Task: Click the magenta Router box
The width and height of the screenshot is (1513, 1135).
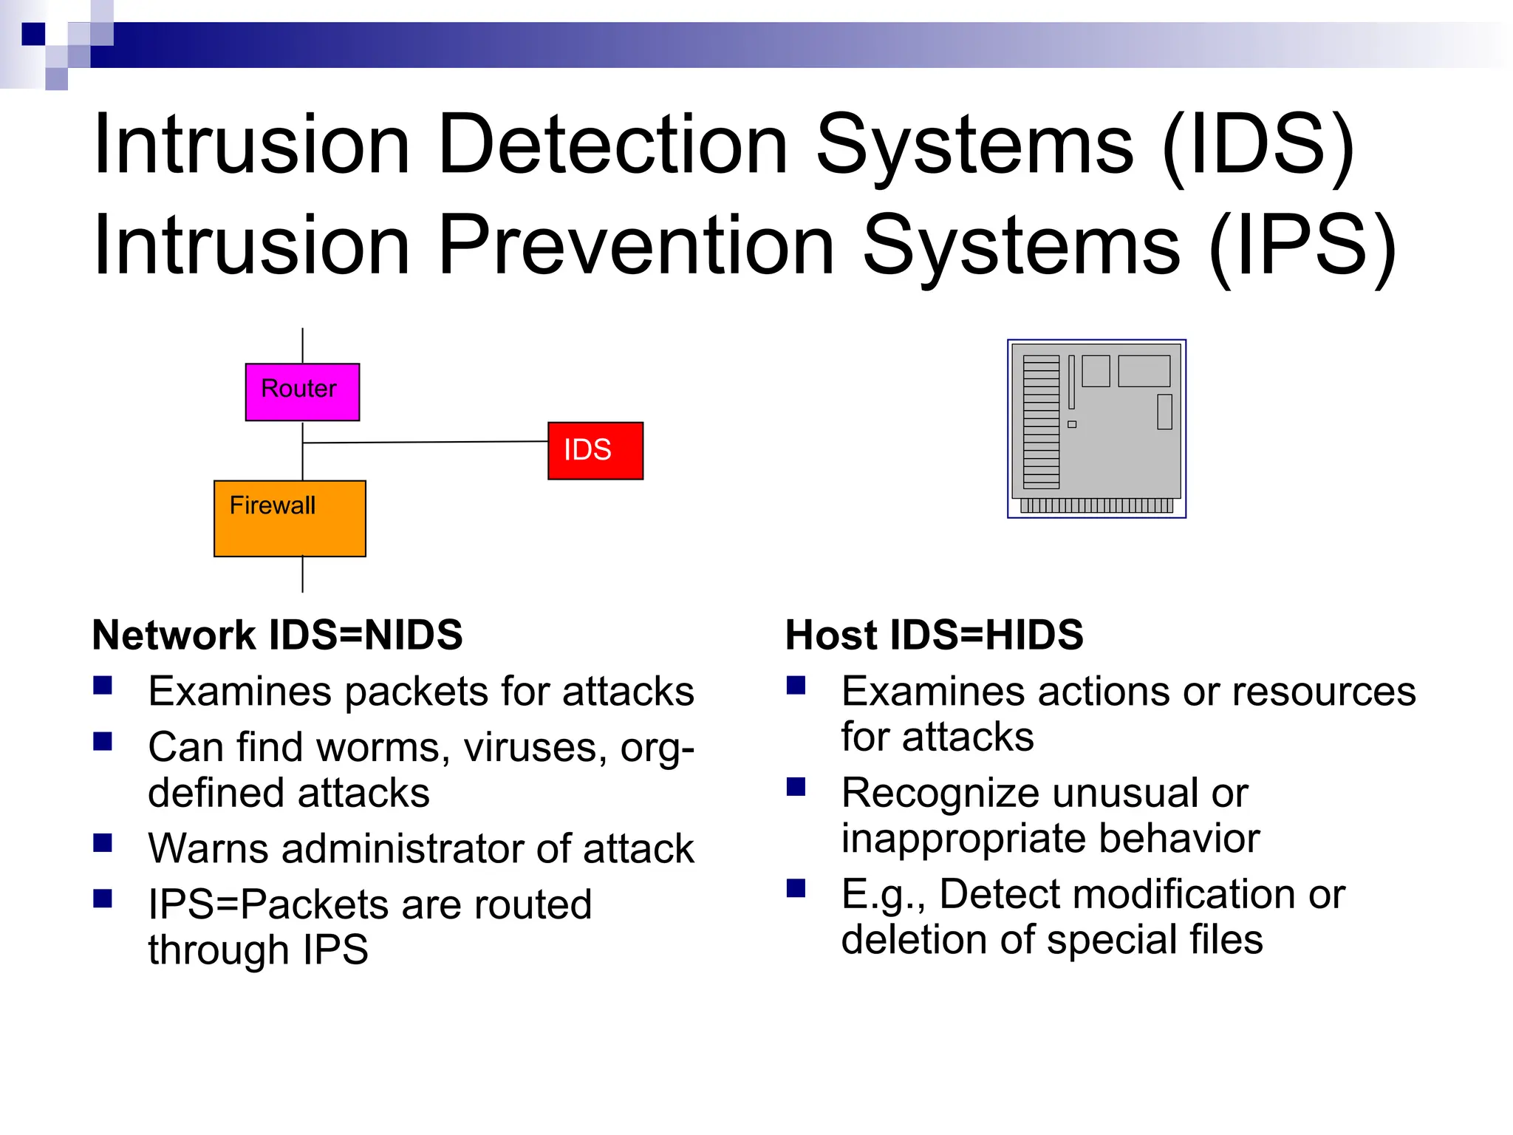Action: pos(302,392)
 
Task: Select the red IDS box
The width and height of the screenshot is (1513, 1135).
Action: pos(595,451)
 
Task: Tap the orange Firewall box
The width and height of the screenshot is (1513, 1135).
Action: pos(290,519)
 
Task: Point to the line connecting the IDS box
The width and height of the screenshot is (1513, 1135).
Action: pos(425,442)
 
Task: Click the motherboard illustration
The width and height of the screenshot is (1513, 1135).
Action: pos(1096,429)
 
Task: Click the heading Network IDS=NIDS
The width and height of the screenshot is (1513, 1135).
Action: pos(277,635)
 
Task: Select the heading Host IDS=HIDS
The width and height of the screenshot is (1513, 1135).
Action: pos(934,635)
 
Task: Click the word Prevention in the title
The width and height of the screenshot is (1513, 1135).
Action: pos(636,245)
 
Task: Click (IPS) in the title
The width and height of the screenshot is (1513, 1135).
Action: pos(1302,247)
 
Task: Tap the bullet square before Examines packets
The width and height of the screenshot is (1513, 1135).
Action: pos(103,686)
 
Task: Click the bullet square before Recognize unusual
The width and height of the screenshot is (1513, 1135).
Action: pos(796,787)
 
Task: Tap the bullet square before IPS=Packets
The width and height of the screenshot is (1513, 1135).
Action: pos(103,899)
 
